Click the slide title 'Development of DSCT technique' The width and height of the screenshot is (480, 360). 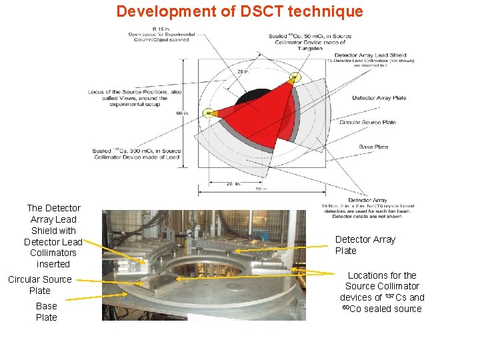pyautogui.click(x=239, y=11)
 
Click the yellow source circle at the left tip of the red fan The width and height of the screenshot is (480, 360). pyautogui.click(x=209, y=113)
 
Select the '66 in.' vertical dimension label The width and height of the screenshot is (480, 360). pyautogui.click(x=181, y=113)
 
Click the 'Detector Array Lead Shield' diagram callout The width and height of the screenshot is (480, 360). pyautogui.click(x=370, y=55)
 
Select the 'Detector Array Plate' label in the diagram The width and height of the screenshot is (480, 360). pyautogui.click(x=379, y=98)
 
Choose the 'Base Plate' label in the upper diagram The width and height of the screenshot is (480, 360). pyautogui.click(x=373, y=147)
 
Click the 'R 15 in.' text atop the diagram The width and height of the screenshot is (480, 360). pyautogui.click(x=160, y=29)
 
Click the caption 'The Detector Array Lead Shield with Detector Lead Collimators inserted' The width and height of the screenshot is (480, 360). pyautogui.click(x=53, y=236)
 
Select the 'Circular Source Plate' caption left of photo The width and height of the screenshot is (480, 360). pyautogui.click(x=39, y=285)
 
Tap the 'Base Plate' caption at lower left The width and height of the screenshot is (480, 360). pyautogui.click(x=46, y=311)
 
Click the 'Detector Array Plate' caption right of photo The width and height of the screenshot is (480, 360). pyautogui.click(x=365, y=245)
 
